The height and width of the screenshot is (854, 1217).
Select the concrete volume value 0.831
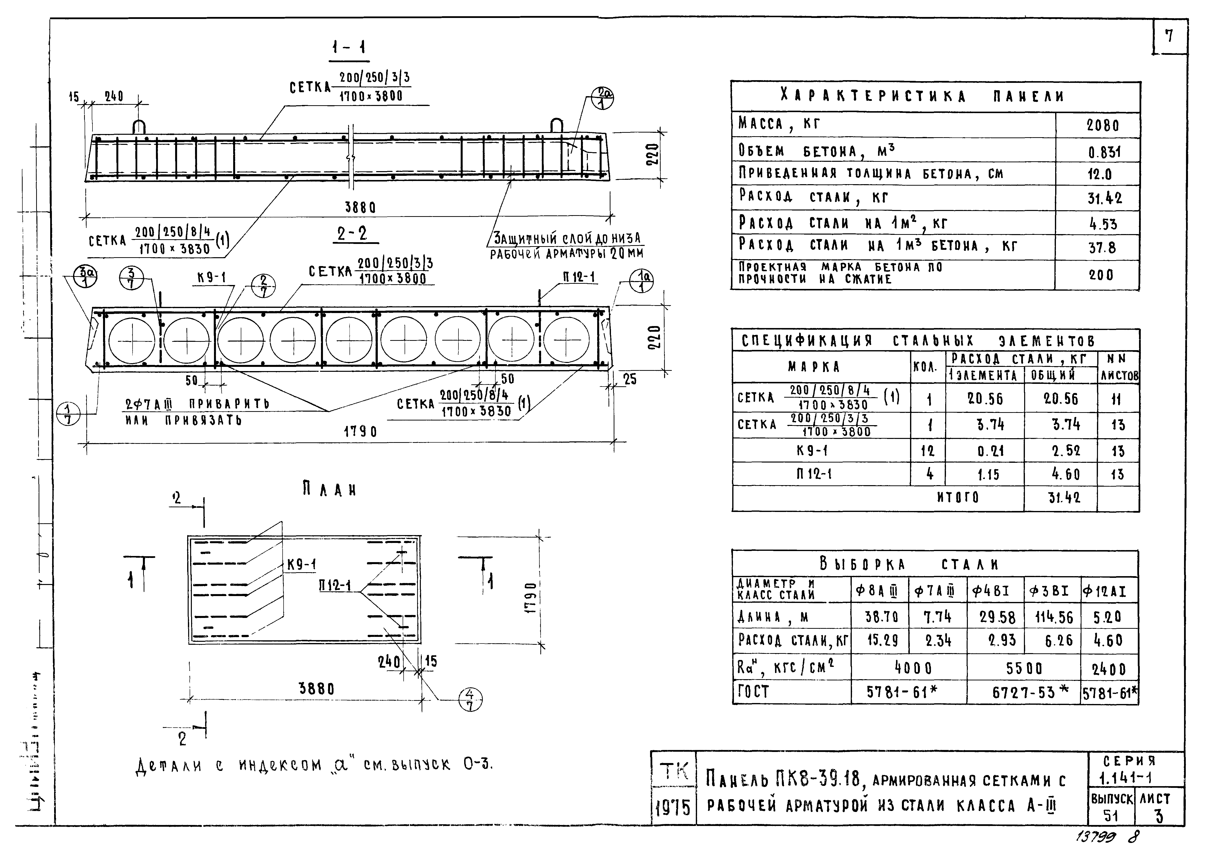click(1104, 152)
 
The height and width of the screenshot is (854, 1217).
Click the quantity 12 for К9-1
click(927, 451)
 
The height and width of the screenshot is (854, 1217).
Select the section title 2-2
click(352, 234)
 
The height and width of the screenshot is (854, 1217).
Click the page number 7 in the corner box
click(1169, 36)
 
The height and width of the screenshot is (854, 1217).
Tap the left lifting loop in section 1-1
click(139, 127)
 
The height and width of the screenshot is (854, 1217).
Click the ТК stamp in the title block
click(673, 771)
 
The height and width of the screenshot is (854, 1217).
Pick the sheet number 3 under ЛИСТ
click(1159, 816)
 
